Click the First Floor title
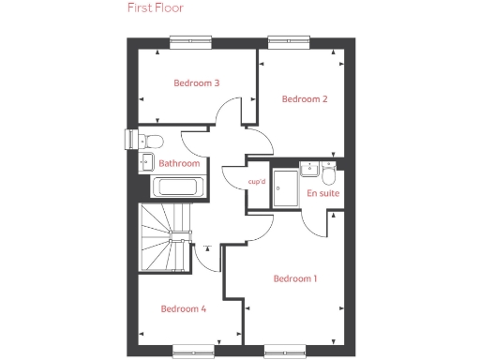156,8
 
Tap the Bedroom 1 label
295,278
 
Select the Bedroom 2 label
305,99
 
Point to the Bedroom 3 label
197,83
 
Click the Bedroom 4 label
183,308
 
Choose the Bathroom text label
179,163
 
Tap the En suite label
323,193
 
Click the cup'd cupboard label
257,182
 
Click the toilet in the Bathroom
154,141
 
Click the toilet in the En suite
327,175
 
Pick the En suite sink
307,169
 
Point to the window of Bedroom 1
284,352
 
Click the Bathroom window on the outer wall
127,138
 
